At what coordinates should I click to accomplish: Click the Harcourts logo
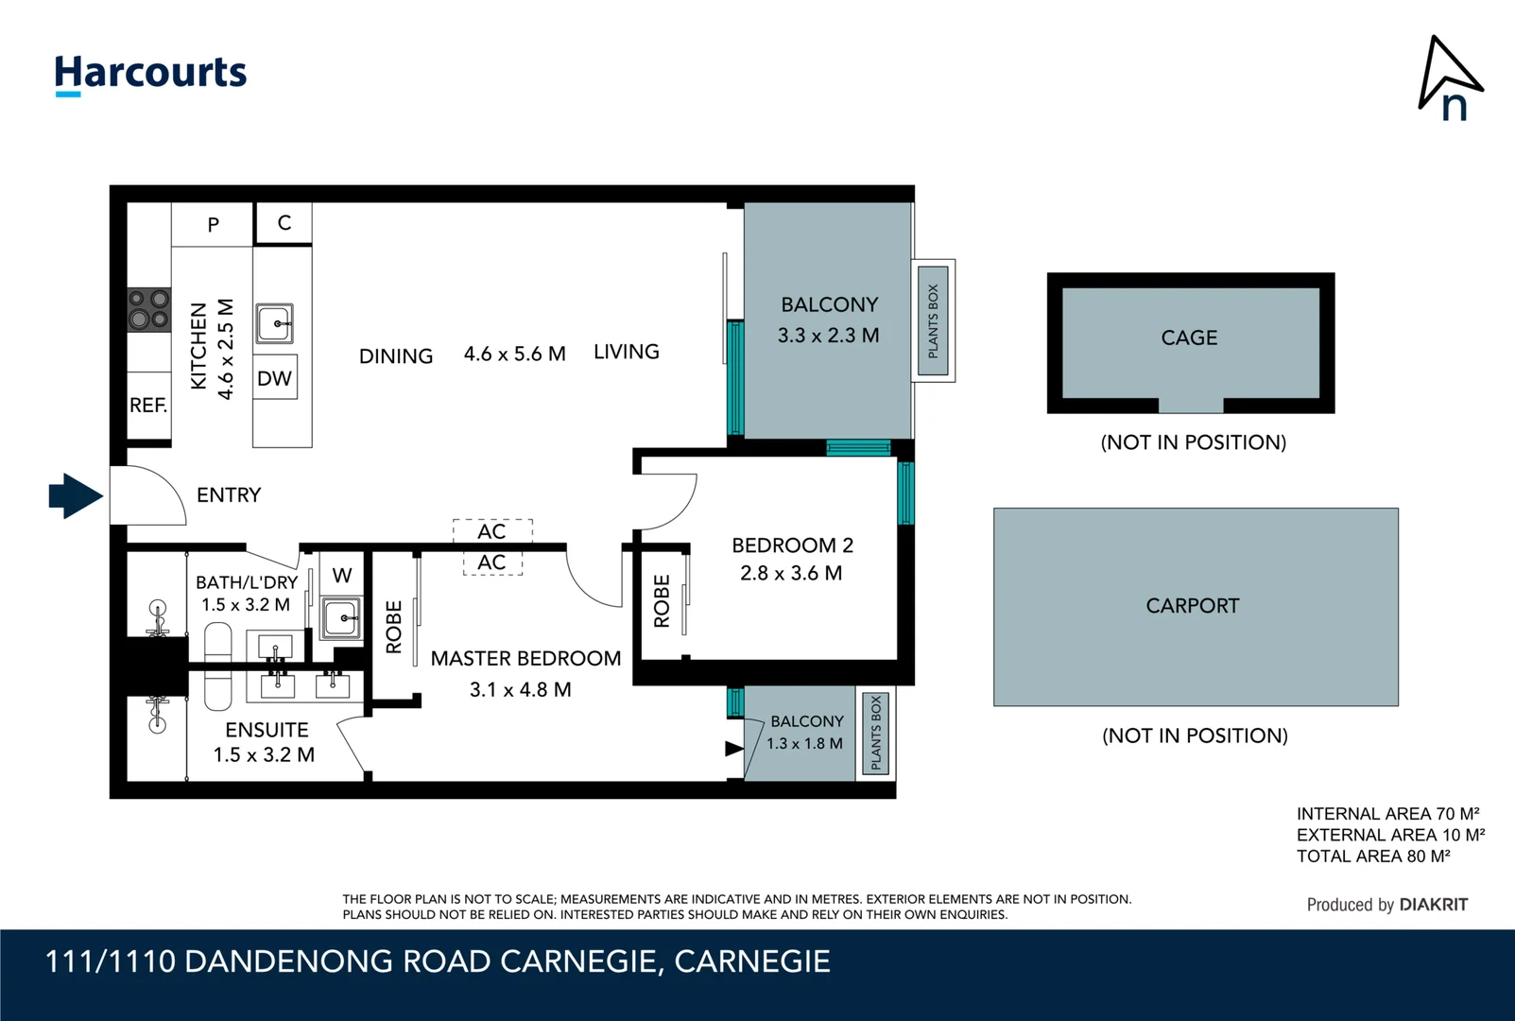tap(150, 74)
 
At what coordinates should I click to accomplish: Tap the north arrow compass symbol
tap(1450, 79)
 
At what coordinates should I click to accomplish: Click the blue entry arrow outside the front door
tap(76, 495)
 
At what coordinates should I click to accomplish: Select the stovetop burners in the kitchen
tap(149, 310)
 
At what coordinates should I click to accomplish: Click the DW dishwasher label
tap(274, 378)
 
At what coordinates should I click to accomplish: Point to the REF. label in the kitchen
tap(148, 406)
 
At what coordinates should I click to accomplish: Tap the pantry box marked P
tap(213, 225)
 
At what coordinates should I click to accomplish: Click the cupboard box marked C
tap(284, 223)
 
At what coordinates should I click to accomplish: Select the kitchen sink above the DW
tap(275, 323)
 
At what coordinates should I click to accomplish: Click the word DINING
tap(396, 356)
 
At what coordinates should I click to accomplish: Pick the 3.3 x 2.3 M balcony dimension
tap(828, 336)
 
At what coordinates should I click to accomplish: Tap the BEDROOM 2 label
tap(792, 545)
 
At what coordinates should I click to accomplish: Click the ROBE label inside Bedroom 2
tap(662, 601)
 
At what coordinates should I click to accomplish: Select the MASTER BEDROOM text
tap(525, 659)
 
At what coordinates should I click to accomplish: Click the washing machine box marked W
tap(342, 575)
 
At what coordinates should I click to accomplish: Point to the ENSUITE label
tap(267, 730)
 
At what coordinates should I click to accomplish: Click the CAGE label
tap(1189, 337)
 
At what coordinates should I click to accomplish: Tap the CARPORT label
tap(1192, 606)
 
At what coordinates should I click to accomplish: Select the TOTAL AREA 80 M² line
tap(1372, 857)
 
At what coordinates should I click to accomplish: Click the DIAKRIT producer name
tap(1433, 905)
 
